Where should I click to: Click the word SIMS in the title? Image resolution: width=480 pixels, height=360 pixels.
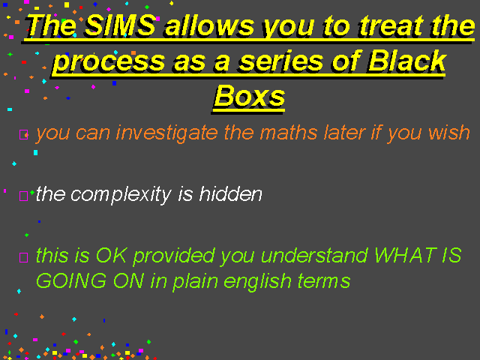[x=120, y=25]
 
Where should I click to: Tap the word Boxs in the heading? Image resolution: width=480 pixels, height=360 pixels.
[x=250, y=97]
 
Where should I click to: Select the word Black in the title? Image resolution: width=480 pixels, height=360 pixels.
[x=407, y=61]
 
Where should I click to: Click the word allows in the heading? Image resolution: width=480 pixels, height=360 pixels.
[x=209, y=25]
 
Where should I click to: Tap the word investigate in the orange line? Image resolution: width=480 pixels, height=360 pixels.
[x=166, y=133]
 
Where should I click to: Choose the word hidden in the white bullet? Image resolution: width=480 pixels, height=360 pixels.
[x=230, y=193]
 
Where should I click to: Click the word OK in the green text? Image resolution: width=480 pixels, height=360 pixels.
[x=111, y=255]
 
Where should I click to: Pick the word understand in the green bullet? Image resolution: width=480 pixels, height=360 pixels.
[x=314, y=255]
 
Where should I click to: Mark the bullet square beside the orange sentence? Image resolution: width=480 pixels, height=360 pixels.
[x=23, y=135]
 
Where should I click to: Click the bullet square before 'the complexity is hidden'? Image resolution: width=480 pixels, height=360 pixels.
[x=23, y=196]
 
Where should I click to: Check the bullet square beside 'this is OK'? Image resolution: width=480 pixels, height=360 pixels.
[x=23, y=257]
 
